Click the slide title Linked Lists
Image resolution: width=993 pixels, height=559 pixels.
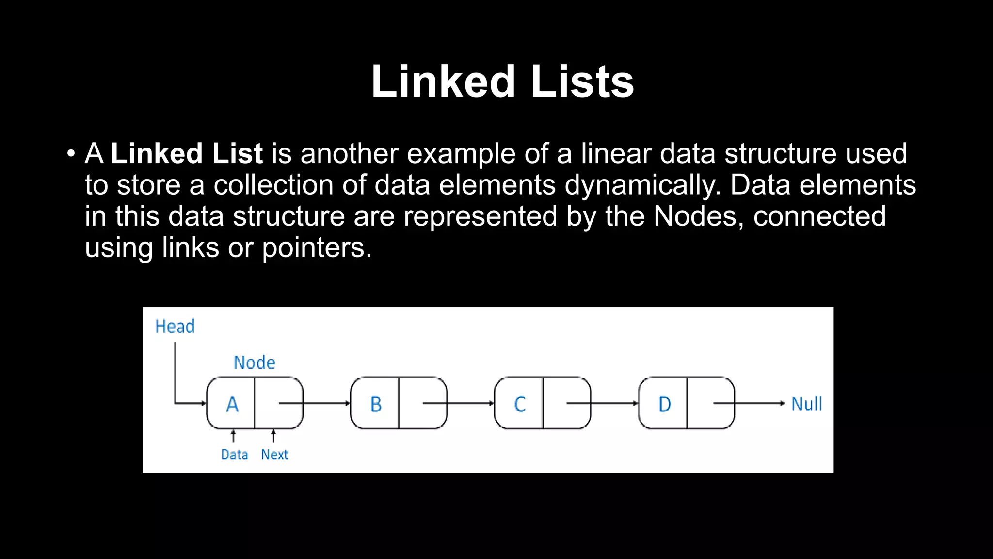(x=502, y=82)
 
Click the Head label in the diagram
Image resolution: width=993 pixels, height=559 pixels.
(x=175, y=327)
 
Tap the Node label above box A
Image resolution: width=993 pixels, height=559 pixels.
(x=254, y=363)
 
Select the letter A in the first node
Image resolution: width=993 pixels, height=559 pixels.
(x=232, y=404)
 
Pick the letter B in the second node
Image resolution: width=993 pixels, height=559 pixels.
(x=376, y=404)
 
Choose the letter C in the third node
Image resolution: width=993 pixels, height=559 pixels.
(x=520, y=404)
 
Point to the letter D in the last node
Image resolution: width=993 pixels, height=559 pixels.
(x=664, y=404)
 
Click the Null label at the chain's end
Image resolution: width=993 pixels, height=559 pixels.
(x=806, y=404)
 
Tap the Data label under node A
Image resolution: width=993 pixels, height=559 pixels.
(x=234, y=455)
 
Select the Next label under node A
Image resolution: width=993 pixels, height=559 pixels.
(x=274, y=455)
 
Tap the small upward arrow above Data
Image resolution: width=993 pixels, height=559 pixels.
(x=233, y=436)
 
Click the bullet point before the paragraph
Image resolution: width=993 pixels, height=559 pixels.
(x=71, y=154)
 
